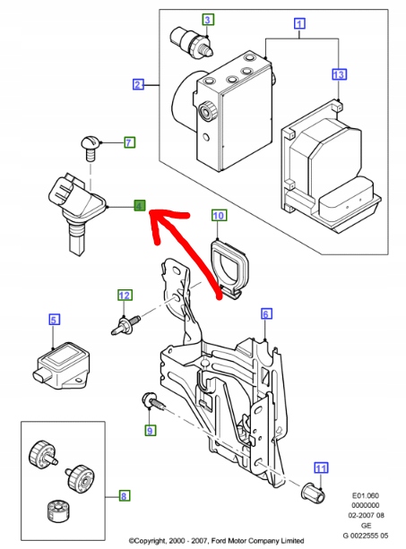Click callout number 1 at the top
(299, 23)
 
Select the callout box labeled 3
(207, 20)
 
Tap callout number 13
(339, 74)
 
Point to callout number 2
(138, 84)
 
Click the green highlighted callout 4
(140, 205)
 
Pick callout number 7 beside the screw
(129, 142)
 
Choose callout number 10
(219, 215)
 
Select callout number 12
(125, 296)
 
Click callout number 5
(54, 320)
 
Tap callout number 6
(266, 313)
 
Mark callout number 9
(150, 430)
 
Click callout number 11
(321, 468)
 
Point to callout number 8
(124, 496)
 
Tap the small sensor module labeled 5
(62, 366)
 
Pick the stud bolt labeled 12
(125, 326)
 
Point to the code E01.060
(366, 495)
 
